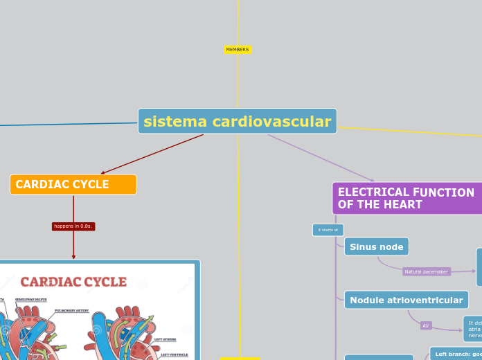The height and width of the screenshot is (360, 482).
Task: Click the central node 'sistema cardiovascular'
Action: pyautogui.click(x=237, y=121)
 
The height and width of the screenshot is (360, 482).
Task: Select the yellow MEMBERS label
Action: pyautogui.click(x=238, y=50)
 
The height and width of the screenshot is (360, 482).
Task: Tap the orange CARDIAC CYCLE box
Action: pyautogui.click(x=73, y=184)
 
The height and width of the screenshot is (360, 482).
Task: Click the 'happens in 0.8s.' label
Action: pyautogui.click(x=73, y=226)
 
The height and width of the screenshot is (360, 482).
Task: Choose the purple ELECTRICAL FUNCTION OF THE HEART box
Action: pyautogui.click(x=407, y=199)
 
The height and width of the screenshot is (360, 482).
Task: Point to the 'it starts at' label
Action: pyautogui.click(x=328, y=230)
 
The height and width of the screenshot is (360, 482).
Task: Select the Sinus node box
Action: pyautogui.click(x=376, y=246)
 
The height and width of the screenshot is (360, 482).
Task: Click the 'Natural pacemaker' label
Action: pyautogui.click(x=426, y=272)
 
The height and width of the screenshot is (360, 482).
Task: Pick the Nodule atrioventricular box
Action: pyautogui.click(x=406, y=300)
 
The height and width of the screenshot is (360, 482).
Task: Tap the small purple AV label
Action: pyautogui.click(x=426, y=325)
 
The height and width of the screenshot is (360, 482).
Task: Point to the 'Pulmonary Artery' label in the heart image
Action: pyautogui.click(x=71, y=311)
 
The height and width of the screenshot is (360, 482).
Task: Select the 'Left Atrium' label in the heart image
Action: pyautogui.click(x=165, y=339)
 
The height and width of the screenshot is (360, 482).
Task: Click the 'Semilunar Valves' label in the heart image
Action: pyautogui.click(x=30, y=300)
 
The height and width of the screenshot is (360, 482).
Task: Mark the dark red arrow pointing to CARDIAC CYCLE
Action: pyautogui.click(x=102, y=173)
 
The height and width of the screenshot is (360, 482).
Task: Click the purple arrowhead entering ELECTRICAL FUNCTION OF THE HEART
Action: pyautogui.click(x=372, y=180)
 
